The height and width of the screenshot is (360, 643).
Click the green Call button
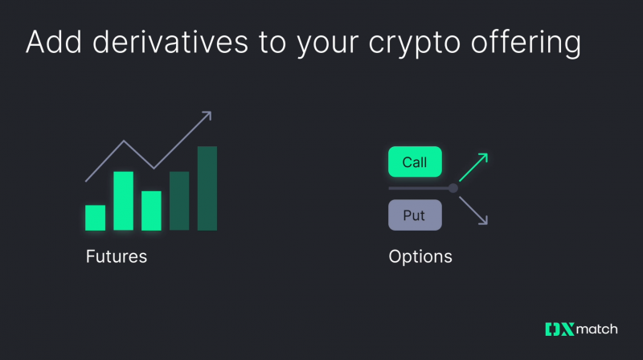pos(415,162)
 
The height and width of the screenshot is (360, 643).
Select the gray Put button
pos(415,215)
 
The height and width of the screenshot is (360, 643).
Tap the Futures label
pos(117,258)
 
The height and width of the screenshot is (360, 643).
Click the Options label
pos(420,258)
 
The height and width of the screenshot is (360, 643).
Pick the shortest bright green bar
pos(96,218)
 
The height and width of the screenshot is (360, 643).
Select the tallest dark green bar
pos(207,189)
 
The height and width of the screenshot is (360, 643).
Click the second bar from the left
pos(123,201)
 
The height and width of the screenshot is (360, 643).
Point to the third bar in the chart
pos(151,211)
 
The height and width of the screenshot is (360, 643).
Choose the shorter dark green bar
pos(179,201)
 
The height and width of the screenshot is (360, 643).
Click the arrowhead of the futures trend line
pos(207,115)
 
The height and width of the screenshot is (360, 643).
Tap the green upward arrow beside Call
pos(473,166)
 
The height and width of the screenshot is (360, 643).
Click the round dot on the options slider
pos(453,188)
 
